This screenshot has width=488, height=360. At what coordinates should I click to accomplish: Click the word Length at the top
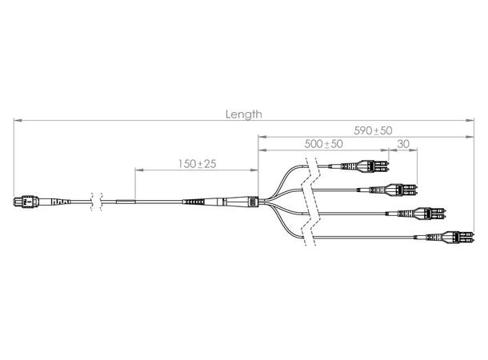(244, 114)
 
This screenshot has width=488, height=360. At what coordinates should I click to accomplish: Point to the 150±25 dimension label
(197, 163)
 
